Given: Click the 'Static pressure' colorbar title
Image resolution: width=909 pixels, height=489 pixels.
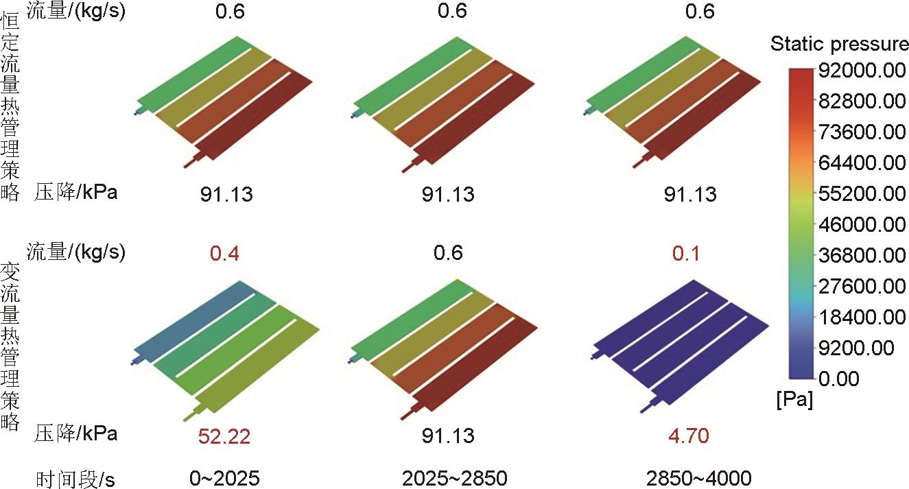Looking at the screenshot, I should click(839, 45).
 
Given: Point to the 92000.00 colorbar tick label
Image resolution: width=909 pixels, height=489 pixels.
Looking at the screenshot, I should click(862, 71).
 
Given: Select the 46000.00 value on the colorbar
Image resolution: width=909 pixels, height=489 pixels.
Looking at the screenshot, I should click(862, 225).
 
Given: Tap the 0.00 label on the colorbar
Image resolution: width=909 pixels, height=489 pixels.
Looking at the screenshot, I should click(841, 379).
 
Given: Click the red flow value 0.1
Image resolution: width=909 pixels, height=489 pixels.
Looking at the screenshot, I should click(686, 253).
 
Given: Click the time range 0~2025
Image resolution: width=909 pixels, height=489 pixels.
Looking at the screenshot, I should click(226, 478).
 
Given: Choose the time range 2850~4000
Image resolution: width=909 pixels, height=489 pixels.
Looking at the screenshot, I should click(698, 478).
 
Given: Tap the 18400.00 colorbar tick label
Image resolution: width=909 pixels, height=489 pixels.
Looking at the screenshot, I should click(862, 318).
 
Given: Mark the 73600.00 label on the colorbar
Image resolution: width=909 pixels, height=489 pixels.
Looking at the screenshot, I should click(862, 132).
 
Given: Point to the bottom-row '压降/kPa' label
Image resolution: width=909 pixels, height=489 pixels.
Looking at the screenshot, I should click(75, 433).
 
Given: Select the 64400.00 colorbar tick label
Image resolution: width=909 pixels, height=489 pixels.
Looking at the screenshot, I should click(862, 163).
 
